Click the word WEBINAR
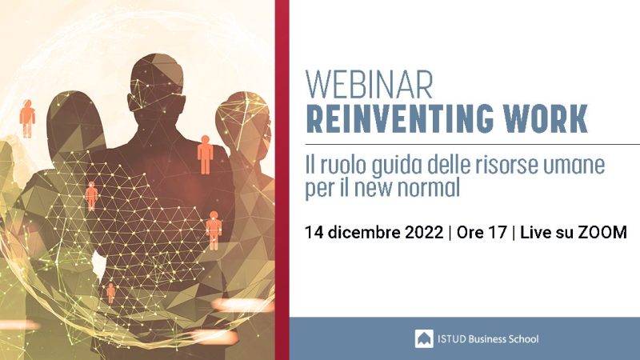point(369,85)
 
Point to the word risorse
point(501,165)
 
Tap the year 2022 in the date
point(424,232)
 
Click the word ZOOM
point(602,232)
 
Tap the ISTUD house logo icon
point(424,338)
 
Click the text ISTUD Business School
point(488,339)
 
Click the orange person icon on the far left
point(27,118)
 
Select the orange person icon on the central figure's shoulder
point(206,155)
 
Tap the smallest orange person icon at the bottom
point(110,293)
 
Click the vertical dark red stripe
point(282,180)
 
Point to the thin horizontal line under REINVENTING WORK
point(472,145)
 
